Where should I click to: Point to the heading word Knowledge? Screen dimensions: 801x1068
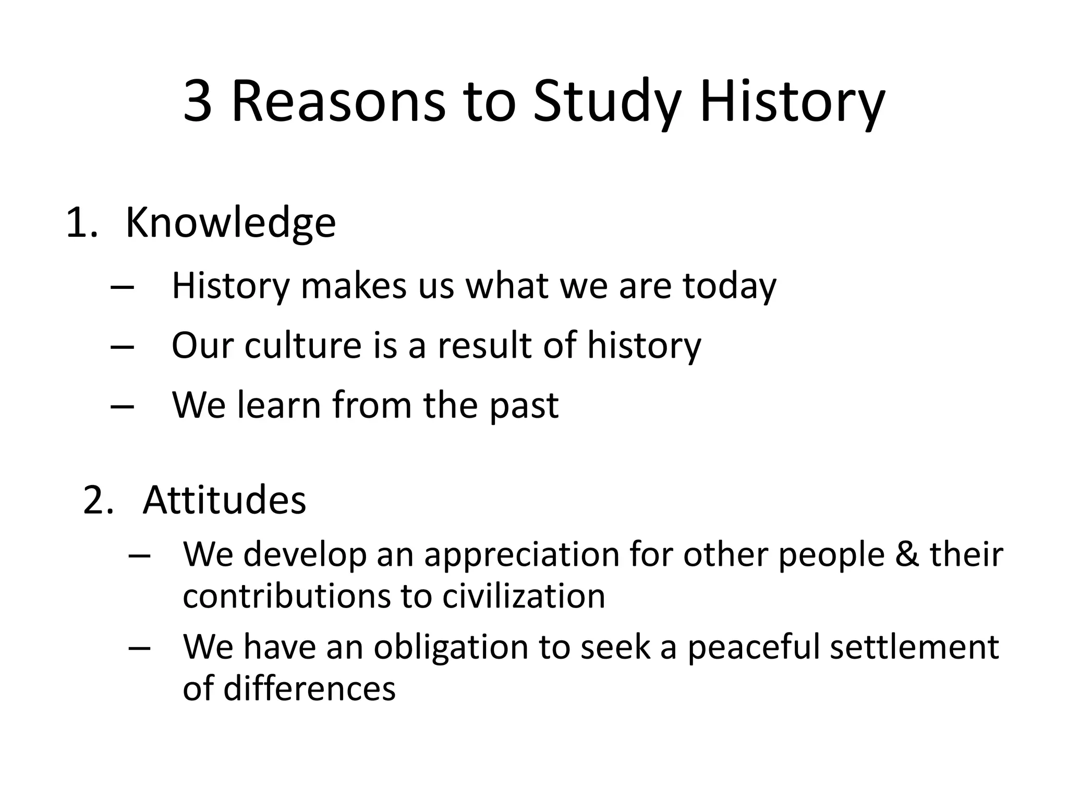coord(230,223)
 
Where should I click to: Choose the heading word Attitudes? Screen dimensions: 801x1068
coord(224,500)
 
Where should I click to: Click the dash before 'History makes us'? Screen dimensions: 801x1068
coord(123,287)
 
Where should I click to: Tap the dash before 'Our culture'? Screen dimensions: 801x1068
coord(123,346)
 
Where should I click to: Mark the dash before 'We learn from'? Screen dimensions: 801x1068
coord(123,406)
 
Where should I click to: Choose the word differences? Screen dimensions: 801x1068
coord(309,688)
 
